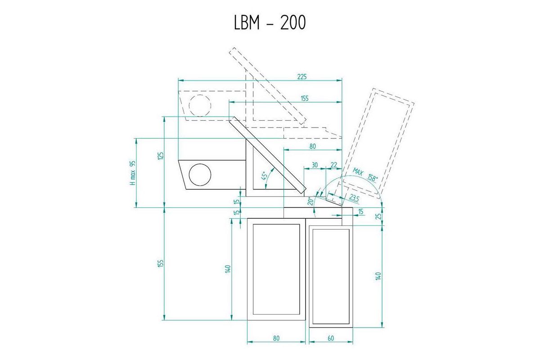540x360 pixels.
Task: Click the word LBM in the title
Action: (247, 22)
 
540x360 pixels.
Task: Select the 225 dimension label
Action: (302, 76)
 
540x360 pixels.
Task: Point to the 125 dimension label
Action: (161, 156)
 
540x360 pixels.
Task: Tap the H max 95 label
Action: (133, 173)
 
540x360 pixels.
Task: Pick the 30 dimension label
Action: (315, 165)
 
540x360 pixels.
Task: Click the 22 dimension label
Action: (333, 165)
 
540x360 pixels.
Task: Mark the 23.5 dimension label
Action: (354, 198)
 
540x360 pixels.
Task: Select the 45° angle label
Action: (264, 176)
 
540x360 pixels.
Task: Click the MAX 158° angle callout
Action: (365, 175)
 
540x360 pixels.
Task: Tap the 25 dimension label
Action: (379, 216)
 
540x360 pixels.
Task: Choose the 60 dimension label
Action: (331, 338)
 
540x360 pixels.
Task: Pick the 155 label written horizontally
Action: (305, 99)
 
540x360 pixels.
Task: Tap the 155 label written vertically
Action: (161, 263)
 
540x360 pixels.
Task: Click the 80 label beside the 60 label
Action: (276, 338)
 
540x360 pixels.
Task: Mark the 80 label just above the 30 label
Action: (312, 146)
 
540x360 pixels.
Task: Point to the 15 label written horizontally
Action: (361, 211)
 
